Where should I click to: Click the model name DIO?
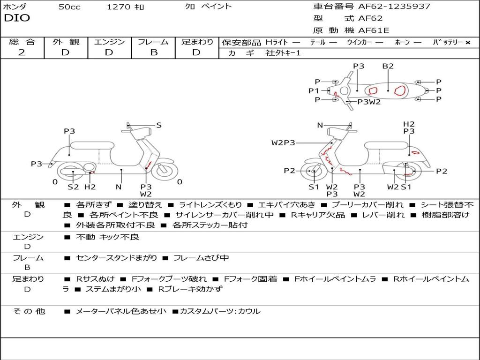coord(17,18)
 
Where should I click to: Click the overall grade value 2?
coord(22,52)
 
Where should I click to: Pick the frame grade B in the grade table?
coord(153,52)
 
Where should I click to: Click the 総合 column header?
coord(22,42)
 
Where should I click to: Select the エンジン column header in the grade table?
coord(109,42)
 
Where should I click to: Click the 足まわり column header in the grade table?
coord(197,42)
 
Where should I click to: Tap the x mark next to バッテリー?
coord(468,43)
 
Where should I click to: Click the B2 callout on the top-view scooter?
coord(388,66)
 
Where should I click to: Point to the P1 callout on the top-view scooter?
coord(313,91)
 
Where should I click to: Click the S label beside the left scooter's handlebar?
coord(159,125)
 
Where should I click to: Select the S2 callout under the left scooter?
coord(73,187)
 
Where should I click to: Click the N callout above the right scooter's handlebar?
coord(320,125)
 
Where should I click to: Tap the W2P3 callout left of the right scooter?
coord(283,142)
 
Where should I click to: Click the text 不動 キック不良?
coord(108,237)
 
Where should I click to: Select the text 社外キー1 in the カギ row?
coord(284,53)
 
